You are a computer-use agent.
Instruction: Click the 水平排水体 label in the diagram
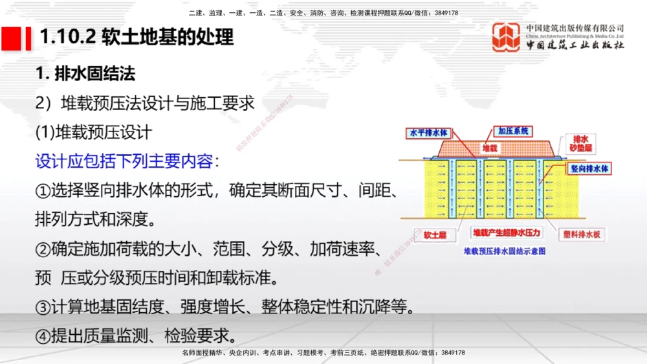coord(428,133)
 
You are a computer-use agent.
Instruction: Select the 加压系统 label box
coord(512,131)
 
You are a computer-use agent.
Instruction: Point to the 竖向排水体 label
coord(589,168)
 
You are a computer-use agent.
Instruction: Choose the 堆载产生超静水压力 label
coord(507,232)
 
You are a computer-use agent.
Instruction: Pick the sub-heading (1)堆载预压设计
coord(93,132)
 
